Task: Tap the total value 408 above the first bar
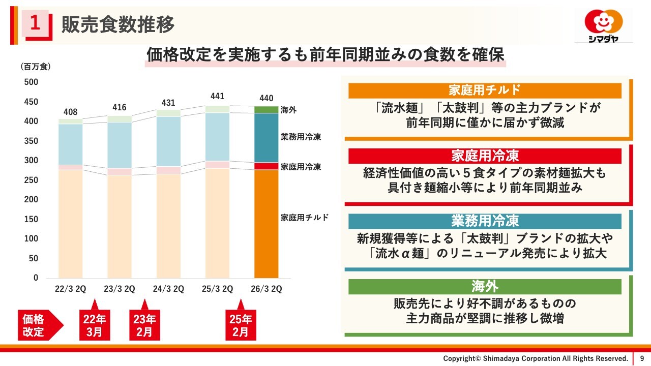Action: (x=70, y=112)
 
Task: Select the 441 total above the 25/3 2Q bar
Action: (x=217, y=97)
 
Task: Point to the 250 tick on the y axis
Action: (x=32, y=180)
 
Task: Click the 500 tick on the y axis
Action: (x=32, y=82)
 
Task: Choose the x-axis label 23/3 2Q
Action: (x=120, y=289)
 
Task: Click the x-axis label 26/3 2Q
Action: (x=267, y=289)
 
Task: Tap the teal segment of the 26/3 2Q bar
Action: (x=267, y=137)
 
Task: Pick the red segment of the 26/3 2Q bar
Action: (x=267, y=166)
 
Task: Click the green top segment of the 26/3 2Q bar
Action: (x=267, y=109)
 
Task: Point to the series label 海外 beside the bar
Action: (x=288, y=110)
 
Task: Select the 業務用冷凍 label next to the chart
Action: (x=301, y=137)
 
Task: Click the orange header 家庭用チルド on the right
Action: (x=485, y=90)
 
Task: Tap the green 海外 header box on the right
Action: (x=485, y=287)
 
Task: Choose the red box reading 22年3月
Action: (x=94, y=326)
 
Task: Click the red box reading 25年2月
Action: (x=241, y=326)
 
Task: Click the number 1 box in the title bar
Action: (x=35, y=23)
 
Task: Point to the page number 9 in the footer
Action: (x=642, y=358)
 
